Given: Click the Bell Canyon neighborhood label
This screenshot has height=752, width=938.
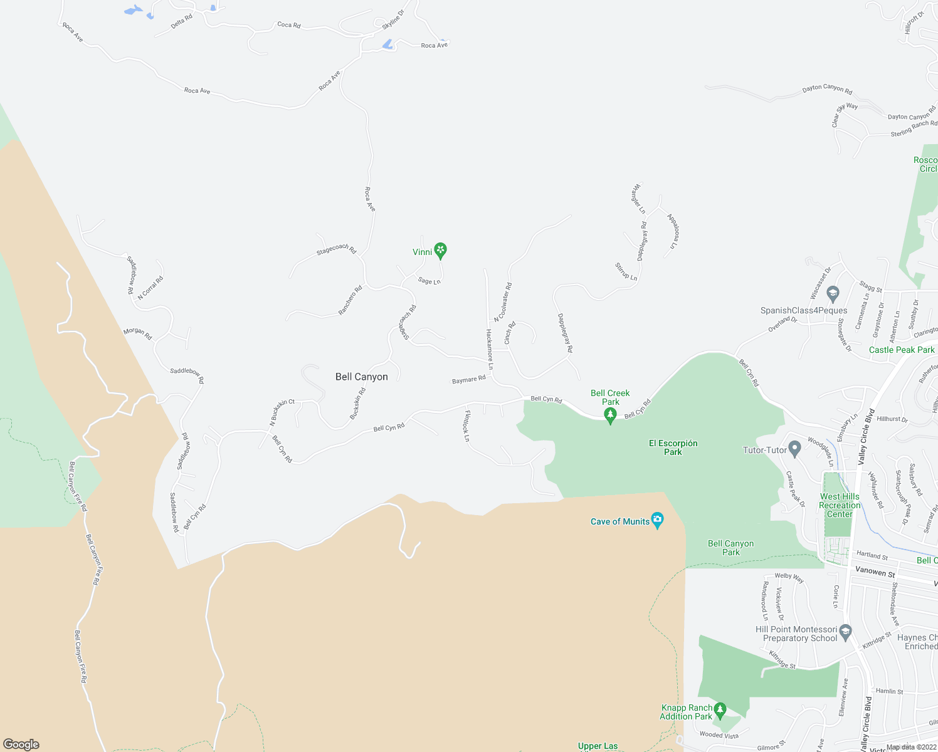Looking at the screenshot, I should (x=362, y=377).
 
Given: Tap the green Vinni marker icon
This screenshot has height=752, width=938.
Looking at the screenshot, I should (x=441, y=251).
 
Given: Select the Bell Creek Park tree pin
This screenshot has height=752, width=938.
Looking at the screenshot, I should (x=610, y=415).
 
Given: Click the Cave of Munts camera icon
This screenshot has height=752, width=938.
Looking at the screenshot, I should (x=657, y=520).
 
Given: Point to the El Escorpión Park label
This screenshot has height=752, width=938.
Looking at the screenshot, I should (x=673, y=447).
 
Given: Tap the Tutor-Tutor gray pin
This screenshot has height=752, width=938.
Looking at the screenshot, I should (x=794, y=449).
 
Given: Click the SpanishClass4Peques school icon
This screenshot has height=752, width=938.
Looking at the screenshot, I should (x=833, y=293).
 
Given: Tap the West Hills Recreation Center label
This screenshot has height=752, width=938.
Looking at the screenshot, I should (x=840, y=505).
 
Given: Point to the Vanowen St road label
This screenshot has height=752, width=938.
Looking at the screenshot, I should (x=875, y=572).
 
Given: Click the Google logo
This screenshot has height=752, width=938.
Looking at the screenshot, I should (x=21, y=744).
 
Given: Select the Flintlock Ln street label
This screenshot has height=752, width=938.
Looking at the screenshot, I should (x=466, y=426).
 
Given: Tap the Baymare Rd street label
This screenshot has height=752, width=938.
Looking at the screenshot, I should (x=469, y=380).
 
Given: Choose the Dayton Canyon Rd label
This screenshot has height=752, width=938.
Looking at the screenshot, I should (x=827, y=89).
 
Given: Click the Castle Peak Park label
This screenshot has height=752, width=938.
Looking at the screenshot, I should (x=902, y=350).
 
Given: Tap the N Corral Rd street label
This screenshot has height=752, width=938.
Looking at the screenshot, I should (x=150, y=287).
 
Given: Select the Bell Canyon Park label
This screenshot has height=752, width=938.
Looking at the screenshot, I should (x=730, y=548).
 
